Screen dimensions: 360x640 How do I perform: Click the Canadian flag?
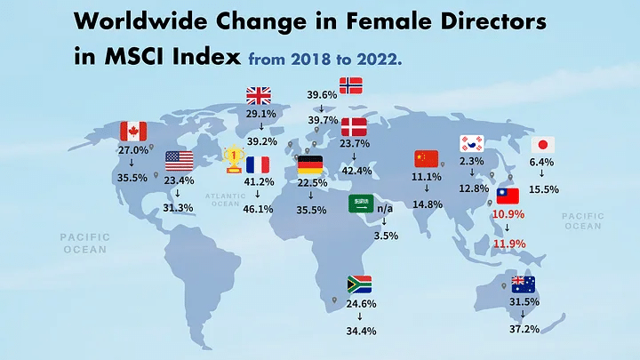pyautogui.click(x=132, y=131)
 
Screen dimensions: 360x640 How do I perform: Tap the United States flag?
pyautogui.click(x=179, y=161)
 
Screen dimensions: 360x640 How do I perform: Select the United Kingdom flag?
pyautogui.click(x=259, y=95)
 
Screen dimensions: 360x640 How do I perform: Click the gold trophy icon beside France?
pyautogui.click(x=234, y=160)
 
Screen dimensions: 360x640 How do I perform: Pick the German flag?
pyautogui.click(x=310, y=165)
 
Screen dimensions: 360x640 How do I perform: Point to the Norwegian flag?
pyautogui.click(x=351, y=85)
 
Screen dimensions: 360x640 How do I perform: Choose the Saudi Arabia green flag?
pyautogui.click(x=361, y=204)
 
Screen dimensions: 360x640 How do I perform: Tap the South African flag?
pyautogui.click(x=359, y=284)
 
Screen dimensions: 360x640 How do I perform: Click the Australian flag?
pyautogui.click(x=523, y=284)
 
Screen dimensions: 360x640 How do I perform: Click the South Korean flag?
pyautogui.click(x=471, y=143)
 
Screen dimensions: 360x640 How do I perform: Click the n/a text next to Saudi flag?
pyautogui.click(x=385, y=209)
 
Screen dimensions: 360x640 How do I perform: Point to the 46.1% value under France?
pyautogui.click(x=259, y=209)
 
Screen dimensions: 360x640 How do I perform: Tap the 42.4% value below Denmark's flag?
pyautogui.click(x=356, y=171)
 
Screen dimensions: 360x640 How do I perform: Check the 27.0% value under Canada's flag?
pyautogui.click(x=132, y=151)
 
